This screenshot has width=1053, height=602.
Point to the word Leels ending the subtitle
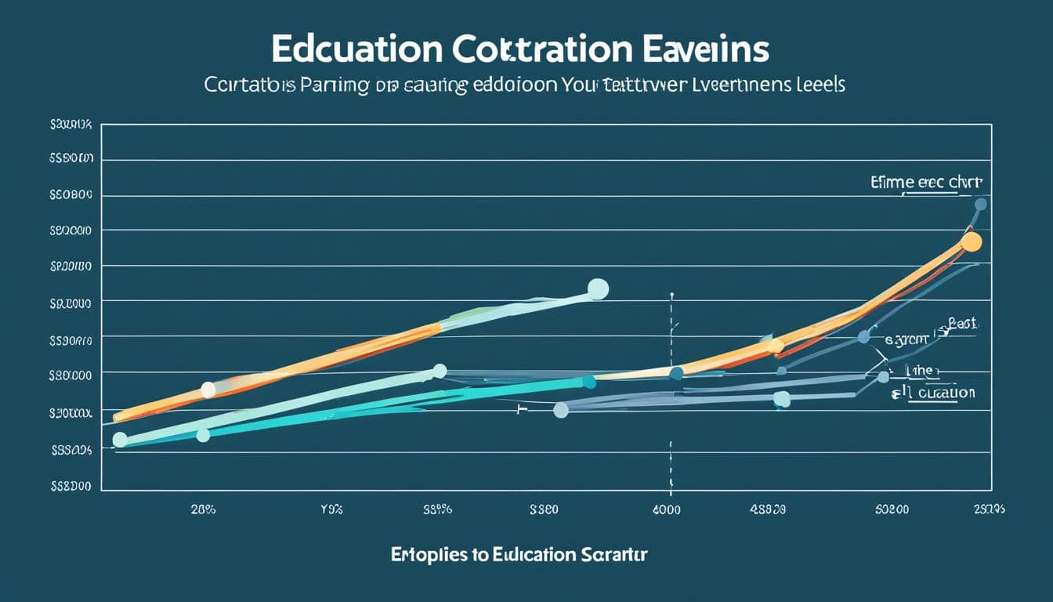coord(820,85)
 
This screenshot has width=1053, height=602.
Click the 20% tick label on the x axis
coord(203,509)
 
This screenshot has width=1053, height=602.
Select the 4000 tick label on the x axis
coord(667,509)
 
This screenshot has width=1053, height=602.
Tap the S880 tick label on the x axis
coord(543,509)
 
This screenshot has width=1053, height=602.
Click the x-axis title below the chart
coord(519,555)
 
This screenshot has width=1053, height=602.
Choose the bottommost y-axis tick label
coord(71,486)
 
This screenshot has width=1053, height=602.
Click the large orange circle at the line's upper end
coord(971,241)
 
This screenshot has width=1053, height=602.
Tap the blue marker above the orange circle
coord(980,205)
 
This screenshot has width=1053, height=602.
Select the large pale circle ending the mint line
coord(598,289)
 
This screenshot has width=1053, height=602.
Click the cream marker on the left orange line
coord(208,389)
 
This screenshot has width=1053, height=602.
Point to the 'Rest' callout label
coord(964,323)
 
